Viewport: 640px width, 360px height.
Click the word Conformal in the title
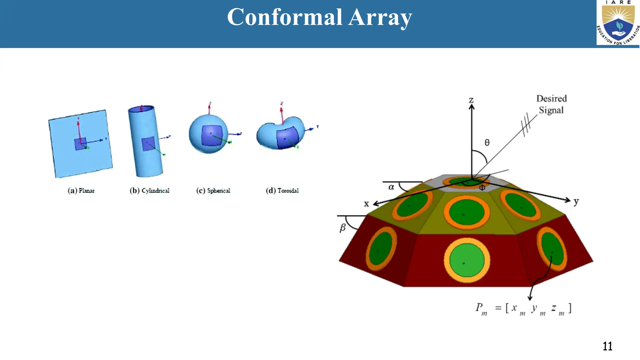pos(284,17)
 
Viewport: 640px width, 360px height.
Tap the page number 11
pos(607,346)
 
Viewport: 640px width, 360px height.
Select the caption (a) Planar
pos(81,191)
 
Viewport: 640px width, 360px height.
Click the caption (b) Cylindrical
pos(149,191)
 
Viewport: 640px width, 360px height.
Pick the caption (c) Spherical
pos(213,191)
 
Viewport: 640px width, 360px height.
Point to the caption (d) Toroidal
pos(282,191)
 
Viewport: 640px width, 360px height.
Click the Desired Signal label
pos(551,104)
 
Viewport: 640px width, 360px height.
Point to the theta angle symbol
pos(487,143)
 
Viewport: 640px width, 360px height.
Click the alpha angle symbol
pos(391,187)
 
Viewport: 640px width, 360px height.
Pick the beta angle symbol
pos(342,227)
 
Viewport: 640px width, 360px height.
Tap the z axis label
pos(471,100)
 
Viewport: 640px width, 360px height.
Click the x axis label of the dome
pos(366,204)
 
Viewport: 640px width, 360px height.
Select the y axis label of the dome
pos(576,202)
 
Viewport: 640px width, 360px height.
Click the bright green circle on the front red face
pos(467,260)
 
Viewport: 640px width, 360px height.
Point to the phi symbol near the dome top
pos(482,187)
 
